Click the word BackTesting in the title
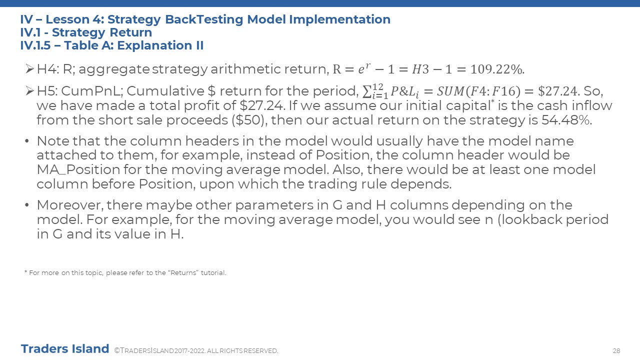click(x=204, y=19)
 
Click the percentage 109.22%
click(x=497, y=69)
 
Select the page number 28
click(x=616, y=350)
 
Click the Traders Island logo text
click(x=65, y=349)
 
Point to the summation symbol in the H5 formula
click(x=366, y=91)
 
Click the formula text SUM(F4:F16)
click(x=478, y=91)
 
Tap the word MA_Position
click(x=78, y=169)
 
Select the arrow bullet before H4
click(x=29, y=69)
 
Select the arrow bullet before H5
click(x=29, y=91)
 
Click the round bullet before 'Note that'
click(x=27, y=141)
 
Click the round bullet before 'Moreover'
click(x=27, y=205)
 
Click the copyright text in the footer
click(x=196, y=350)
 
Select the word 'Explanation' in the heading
click(x=154, y=45)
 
